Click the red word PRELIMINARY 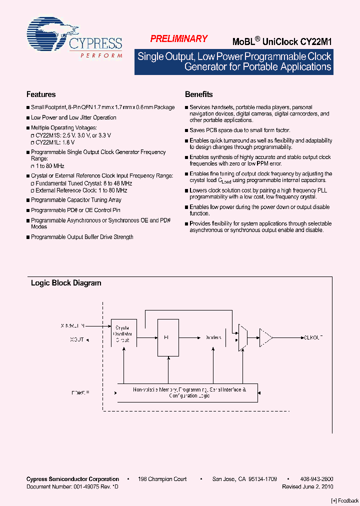click(178, 39)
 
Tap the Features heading click(41, 94)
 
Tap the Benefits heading click(198, 94)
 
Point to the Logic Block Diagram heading click(66, 283)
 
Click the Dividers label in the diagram click(213, 337)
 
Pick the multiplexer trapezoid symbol click(242, 337)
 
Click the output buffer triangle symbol click(265, 337)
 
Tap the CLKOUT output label click(313, 337)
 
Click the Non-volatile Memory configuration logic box click(187, 392)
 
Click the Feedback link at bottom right click(345, 500)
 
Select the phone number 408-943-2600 click(317, 479)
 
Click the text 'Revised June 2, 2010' click(307, 486)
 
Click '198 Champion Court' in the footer click(162, 479)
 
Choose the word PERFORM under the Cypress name click(101, 55)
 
